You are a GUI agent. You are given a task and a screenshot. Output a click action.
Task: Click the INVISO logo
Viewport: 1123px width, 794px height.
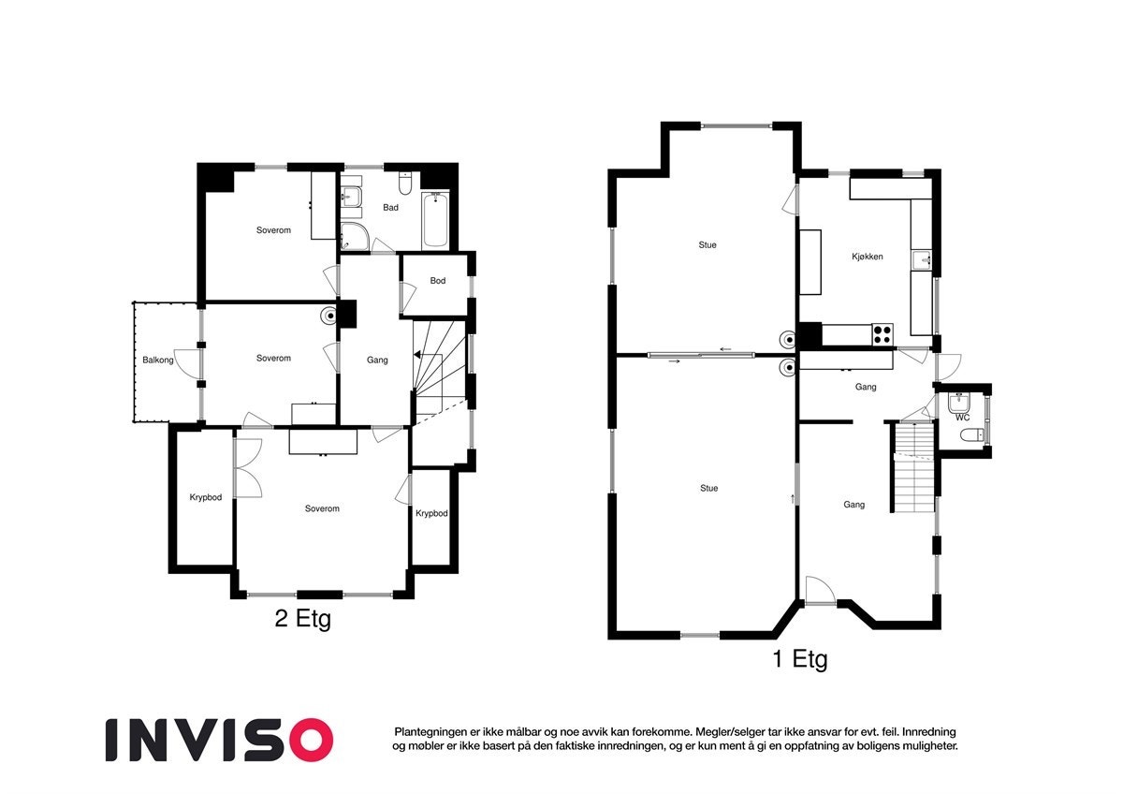click(219, 740)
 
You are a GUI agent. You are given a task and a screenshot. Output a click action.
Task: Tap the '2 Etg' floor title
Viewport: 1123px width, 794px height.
click(303, 619)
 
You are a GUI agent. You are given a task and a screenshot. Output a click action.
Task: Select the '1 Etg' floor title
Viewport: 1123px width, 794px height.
click(800, 658)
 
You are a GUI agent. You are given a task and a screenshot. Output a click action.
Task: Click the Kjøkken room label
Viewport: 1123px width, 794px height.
click(867, 257)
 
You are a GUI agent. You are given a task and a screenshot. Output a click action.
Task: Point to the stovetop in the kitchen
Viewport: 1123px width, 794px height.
click(882, 334)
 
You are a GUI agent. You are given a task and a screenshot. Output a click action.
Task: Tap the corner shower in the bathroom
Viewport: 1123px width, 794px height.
click(355, 237)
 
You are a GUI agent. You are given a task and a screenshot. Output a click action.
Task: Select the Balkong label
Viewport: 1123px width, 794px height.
click(158, 360)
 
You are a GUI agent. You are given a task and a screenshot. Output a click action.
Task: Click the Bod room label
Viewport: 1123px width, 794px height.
click(438, 280)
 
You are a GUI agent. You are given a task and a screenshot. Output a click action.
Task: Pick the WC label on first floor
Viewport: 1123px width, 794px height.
click(962, 418)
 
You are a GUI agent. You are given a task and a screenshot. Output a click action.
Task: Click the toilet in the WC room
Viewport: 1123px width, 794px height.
click(972, 434)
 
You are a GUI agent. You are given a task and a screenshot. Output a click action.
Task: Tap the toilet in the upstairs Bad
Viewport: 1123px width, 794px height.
click(405, 184)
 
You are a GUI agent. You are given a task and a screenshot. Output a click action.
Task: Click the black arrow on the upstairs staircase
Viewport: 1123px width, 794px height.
click(417, 355)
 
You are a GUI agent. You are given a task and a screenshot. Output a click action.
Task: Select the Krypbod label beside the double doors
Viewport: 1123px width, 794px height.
click(206, 497)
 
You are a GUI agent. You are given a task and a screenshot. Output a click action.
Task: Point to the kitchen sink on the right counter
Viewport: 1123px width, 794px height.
click(922, 260)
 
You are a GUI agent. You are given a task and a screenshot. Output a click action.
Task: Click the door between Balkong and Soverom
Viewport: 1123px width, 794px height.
click(186, 363)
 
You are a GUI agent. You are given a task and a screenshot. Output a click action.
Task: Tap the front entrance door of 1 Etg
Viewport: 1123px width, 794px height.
click(820, 591)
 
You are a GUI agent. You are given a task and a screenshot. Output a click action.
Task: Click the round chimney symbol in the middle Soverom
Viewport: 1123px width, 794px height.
click(329, 316)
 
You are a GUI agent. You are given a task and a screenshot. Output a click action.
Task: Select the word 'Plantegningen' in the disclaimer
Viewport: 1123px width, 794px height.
click(425, 732)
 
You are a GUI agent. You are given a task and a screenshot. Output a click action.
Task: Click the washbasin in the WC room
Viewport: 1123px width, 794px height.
click(959, 403)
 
